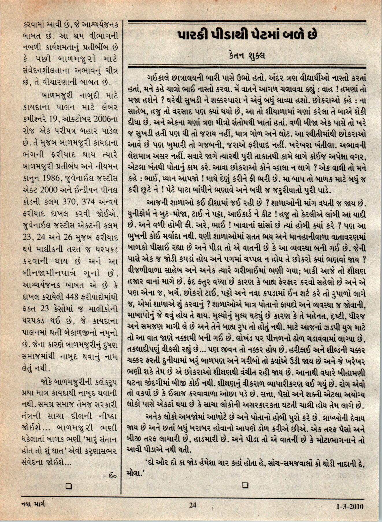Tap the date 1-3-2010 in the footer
[350, 506]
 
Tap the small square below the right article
[245, 485]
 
